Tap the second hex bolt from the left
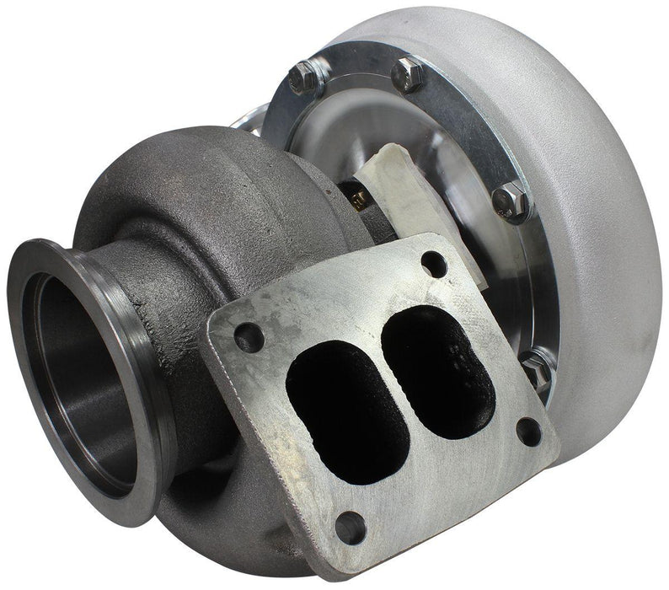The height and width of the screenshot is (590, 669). pyautogui.click(x=409, y=73)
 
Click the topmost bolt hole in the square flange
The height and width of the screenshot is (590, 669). pyautogui.click(x=433, y=263)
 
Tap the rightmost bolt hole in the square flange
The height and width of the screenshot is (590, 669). pyautogui.click(x=528, y=431)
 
